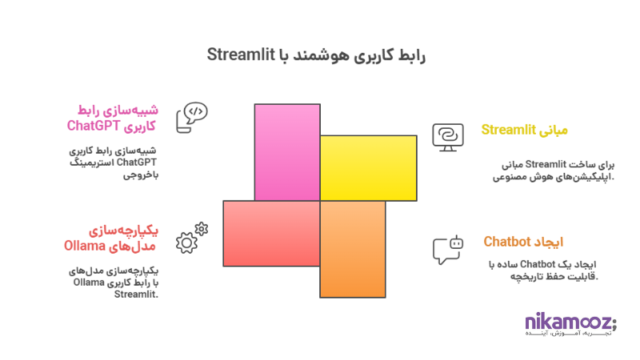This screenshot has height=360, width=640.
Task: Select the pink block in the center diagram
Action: pos(287,152)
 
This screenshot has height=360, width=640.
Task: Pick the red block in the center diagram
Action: pos(271,233)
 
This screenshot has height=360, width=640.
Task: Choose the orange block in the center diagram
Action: pos(352,249)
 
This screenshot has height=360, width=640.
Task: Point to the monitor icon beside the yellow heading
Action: pos(446,136)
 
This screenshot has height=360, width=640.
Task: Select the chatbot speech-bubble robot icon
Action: pos(447,249)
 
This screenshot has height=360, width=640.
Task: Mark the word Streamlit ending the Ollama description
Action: pos(137,294)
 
